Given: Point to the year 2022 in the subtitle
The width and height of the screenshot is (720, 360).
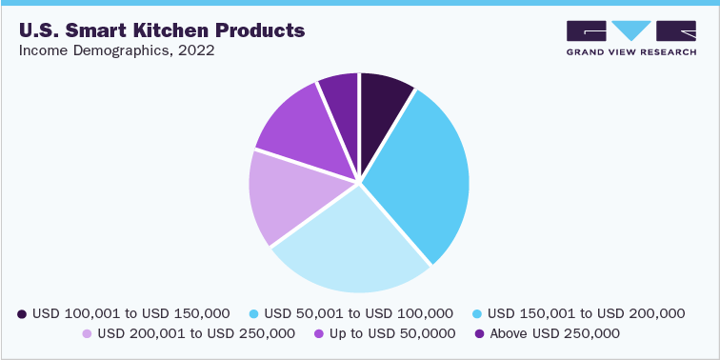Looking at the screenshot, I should pyautogui.click(x=194, y=50).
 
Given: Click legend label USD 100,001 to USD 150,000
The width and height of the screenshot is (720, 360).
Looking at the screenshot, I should pyautogui.click(x=131, y=312).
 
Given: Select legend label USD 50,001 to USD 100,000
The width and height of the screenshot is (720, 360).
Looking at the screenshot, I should pyautogui.click(x=358, y=312).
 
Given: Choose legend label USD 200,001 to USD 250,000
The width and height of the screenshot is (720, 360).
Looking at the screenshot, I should pyautogui.click(x=196, y=333).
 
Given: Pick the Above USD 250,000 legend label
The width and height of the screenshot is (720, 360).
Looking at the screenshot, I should pyautogui.click(x=552, y=333).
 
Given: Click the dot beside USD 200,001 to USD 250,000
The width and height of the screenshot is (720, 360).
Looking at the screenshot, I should pyautogui.click(x=87, y=333).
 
